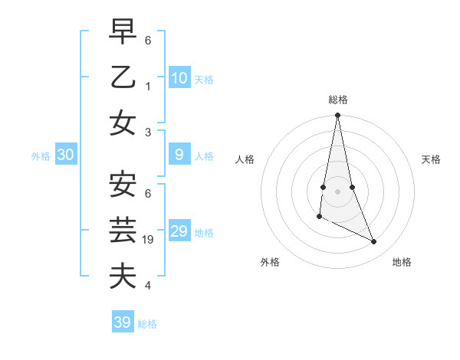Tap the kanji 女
[x=123, y=123]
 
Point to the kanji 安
[x=123, y=184]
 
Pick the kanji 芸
[x=123, y=230]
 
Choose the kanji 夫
[x=123, y=276]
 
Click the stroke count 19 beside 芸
[x=149, y=240]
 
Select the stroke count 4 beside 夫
[x=148, y=286]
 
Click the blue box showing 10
[x=179, y=77]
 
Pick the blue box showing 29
[x=179, y=231]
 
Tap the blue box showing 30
[x=65, y=155]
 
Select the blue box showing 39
[x=122, y=322]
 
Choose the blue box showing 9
[x=179, y=155]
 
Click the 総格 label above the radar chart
[x=337, y=100]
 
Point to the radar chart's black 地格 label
[x=402, y=262]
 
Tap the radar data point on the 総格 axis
[x=337, y=116]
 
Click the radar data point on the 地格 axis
[x=374, y=242]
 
